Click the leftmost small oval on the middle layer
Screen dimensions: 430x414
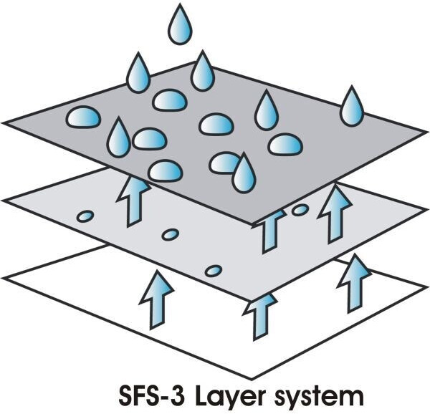point(85,216)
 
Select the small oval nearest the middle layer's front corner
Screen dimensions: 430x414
point(214,271)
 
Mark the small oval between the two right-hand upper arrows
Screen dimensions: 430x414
point(300,210)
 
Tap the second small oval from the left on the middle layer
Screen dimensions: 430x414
point(170,234)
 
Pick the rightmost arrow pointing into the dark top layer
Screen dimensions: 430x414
point(334,212)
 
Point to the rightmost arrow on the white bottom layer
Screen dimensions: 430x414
point(352,285)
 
